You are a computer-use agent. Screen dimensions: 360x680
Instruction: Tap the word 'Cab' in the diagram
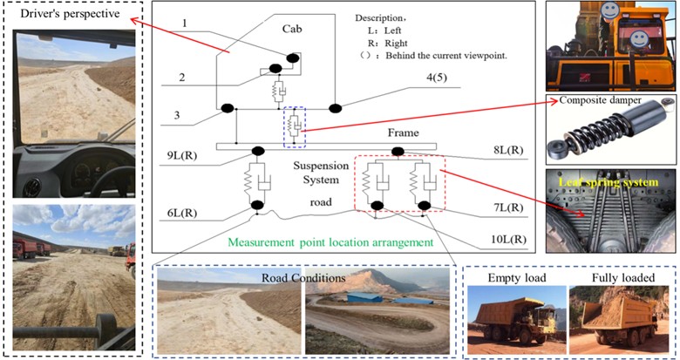pos(291,29)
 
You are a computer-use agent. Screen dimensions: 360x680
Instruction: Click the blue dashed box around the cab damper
pos(294,125)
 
